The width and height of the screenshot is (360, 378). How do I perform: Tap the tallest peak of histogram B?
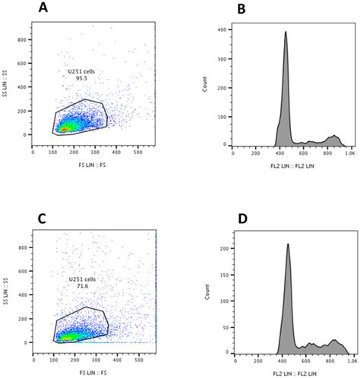tap(286, 33)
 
